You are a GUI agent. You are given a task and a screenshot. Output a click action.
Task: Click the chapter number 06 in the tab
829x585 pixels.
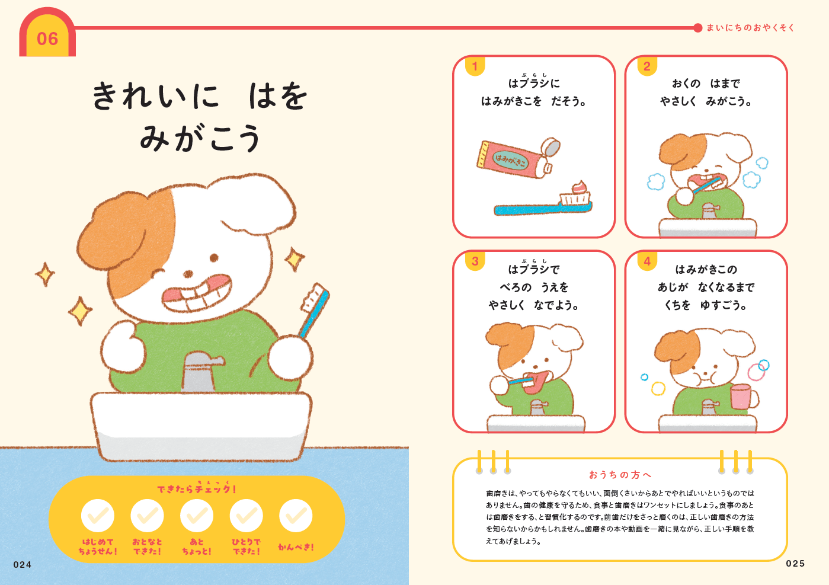pos(47,39)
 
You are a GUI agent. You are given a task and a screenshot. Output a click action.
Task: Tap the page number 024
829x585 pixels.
pos(22,565)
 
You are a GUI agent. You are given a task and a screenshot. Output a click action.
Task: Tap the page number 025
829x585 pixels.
pos(795,564)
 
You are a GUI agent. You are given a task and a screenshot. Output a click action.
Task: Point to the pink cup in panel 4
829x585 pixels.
pos(743,397)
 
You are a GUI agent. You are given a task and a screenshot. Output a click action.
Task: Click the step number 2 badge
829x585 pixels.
pos(647,66)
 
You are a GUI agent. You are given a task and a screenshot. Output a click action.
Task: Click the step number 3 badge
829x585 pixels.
pos(475,261)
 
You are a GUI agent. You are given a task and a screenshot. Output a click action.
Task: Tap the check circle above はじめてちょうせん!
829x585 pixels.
pos(98,516)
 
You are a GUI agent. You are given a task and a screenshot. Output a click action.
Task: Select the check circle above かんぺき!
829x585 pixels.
pos(296,516)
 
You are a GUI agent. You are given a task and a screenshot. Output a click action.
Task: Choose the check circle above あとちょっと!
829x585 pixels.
pos(197,516)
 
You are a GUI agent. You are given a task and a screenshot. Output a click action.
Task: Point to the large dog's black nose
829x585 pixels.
pos(188,274)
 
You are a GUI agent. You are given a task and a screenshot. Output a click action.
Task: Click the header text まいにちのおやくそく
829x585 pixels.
pos(750,28)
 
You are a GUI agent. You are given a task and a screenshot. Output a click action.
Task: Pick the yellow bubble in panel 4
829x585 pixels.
pos(658,389)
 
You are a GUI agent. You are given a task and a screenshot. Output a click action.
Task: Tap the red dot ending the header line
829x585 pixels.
pos(697,28)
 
